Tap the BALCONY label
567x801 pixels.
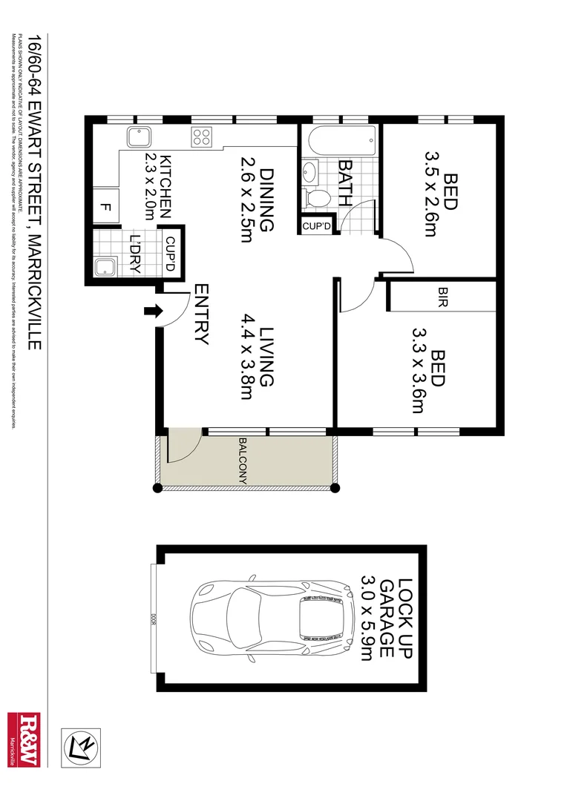243,461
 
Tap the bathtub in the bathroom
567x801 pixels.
340,140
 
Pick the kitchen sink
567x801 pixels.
139,138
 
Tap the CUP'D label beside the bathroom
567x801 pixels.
318,225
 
